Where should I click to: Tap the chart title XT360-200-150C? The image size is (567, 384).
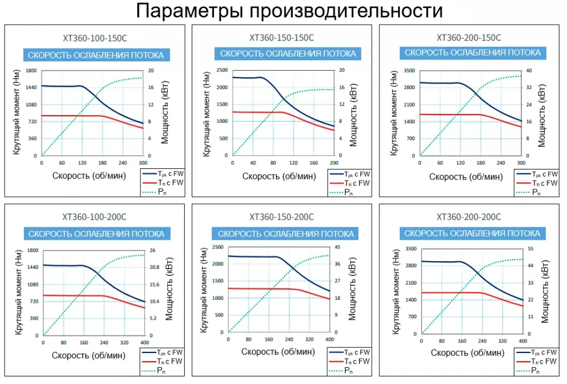click(x=469, y=37)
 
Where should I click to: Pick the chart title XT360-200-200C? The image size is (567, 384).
click(x=469, y=217)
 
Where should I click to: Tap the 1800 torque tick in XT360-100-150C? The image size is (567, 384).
click(x=30, y=71)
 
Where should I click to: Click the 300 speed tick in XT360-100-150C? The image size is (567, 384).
click(x=143, y=162)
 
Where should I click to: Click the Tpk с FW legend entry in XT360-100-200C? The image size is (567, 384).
click(x=170, y=353)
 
